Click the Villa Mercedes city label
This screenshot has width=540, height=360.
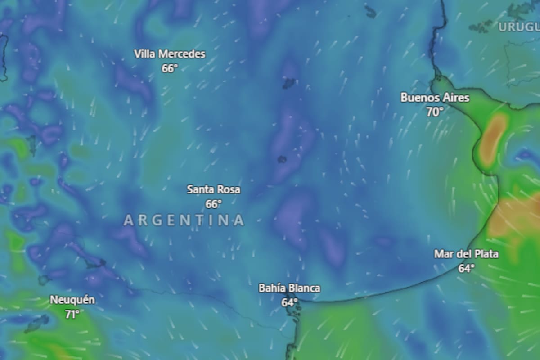[x=170, y=54]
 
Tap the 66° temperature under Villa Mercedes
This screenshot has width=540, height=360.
[x=170, y=68]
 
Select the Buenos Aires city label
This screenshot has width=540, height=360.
[x=435, y=98]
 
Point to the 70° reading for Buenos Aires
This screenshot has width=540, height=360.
[x=435, y=112]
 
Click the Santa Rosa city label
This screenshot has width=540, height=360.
[x=213, y=190]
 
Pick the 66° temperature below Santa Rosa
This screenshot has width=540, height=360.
[x=213, y=204]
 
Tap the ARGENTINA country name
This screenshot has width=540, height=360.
[x=184, y=220]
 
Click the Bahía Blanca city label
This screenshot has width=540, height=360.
[x=289, y=288]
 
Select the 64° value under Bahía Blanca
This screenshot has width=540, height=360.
[x=289, y=302]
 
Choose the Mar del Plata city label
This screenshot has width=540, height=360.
[x=466, y=254]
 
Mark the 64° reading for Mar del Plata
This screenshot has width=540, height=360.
[x=466, y=268]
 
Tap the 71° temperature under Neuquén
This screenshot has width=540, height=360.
[x=72, y=314]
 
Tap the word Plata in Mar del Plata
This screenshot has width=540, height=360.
[x=486, y=254]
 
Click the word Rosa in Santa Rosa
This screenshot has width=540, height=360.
[x=229, y=190]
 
